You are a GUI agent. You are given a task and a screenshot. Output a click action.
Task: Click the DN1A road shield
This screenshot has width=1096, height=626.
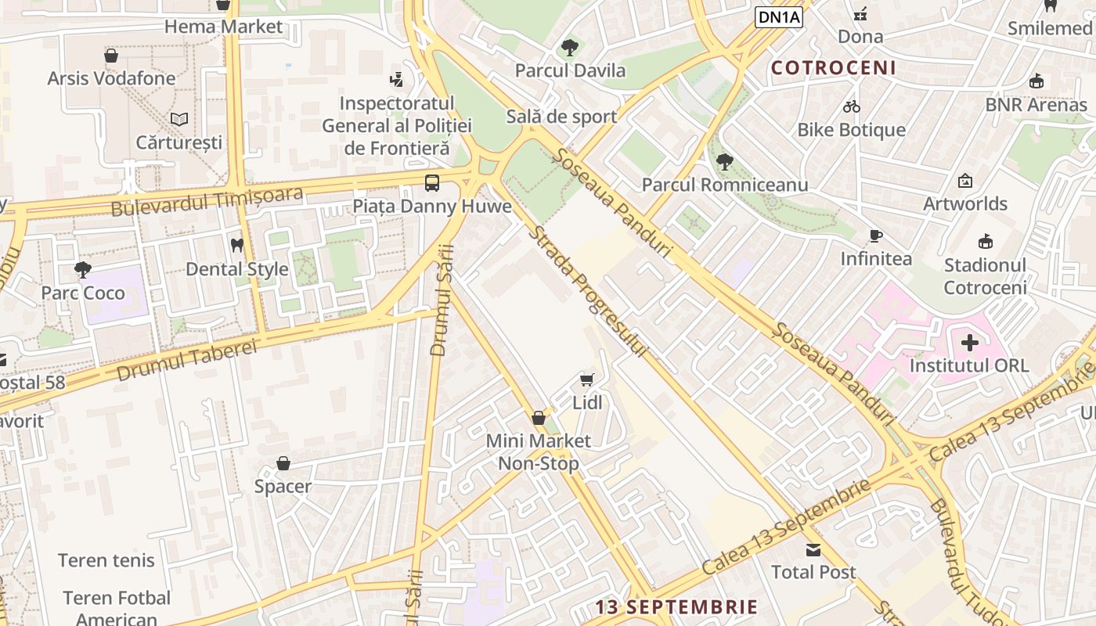[x=779, y=16]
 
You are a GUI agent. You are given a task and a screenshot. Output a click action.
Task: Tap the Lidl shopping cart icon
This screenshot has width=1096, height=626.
[x=586, y=380]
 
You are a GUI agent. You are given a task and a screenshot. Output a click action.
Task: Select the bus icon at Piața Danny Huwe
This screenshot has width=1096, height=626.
[x=431, y=183]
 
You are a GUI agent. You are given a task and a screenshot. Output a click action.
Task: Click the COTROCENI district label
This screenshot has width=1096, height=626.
[x=834, y=68]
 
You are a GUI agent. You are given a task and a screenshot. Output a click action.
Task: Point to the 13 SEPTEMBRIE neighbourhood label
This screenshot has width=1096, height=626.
[x=676, y=607]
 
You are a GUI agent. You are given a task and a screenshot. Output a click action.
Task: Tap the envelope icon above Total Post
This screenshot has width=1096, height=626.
[x=813, y=549]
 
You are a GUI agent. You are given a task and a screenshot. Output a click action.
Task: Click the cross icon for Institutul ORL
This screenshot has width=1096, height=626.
[x=969, y=343]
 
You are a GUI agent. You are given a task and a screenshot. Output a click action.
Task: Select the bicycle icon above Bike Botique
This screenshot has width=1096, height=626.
[x=851, y=106]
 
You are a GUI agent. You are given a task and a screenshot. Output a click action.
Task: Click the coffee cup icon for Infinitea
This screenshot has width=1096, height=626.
[x=876, y=236]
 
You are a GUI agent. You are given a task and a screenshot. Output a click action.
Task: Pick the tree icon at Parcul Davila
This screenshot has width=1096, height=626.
[x=569, y=48]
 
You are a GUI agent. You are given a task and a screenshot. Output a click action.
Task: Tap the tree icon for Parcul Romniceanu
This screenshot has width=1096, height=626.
[x=724, y=162]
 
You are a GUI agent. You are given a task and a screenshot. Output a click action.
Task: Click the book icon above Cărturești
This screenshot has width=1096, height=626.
[x=179, y=120]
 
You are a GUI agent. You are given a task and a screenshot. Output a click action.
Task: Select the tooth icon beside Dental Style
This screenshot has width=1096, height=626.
[x=237, y=246]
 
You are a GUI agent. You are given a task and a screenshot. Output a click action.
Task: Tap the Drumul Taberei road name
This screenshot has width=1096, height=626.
[x=186, y=361]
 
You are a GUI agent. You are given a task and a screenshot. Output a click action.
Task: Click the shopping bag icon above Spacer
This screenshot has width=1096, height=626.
[x=283, y=464]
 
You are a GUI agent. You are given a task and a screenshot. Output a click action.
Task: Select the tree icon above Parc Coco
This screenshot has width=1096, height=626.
[x=82, y=270]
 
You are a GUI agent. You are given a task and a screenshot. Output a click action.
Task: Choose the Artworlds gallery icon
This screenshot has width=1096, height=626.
[x=964, y=181]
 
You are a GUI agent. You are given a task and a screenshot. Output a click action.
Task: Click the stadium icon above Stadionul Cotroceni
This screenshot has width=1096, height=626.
[x=985, y=242]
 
